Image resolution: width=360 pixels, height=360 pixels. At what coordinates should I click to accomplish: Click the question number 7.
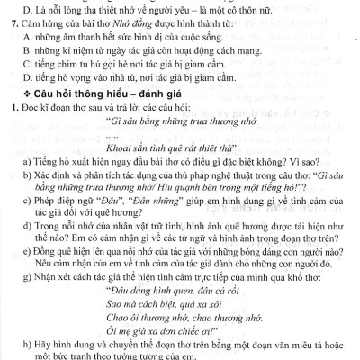tap(10, 23)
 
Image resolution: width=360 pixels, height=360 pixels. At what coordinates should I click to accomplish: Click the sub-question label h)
tap(28, 346)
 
